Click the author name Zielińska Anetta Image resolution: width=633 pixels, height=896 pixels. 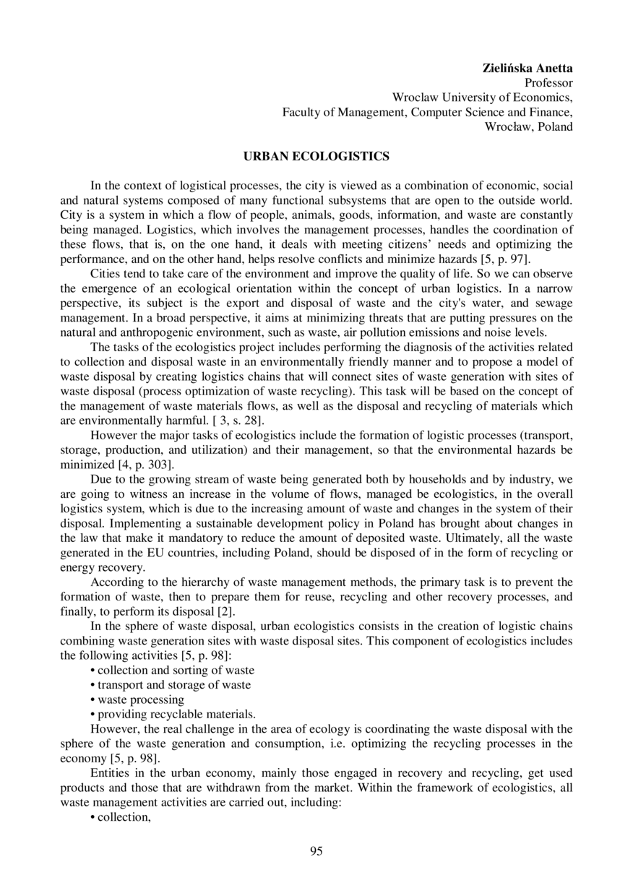527,69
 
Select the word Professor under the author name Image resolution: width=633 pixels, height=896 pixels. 548,83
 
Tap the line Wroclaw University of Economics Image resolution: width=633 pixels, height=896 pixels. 482,98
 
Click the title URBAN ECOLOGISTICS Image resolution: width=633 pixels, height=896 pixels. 316,156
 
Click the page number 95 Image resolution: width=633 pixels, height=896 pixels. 316,850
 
